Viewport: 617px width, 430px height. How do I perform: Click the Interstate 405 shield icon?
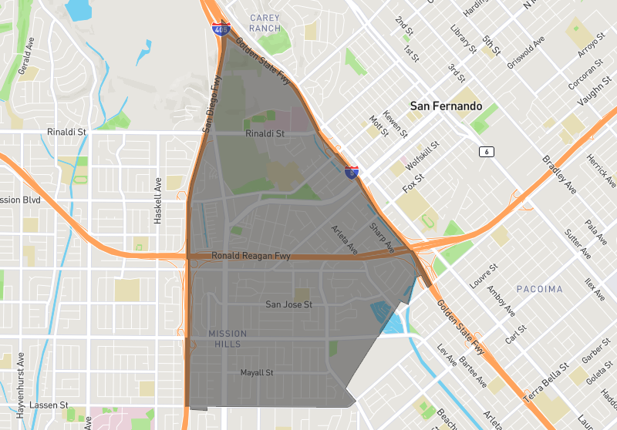221,30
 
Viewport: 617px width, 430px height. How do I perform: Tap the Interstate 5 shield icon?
352,173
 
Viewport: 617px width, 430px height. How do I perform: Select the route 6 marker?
486,151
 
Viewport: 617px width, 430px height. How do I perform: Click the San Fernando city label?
446,106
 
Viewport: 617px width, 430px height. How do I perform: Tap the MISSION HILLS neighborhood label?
228,338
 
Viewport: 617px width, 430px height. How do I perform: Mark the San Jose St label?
288,304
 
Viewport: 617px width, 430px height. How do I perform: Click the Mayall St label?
258,373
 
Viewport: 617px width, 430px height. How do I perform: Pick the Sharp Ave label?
381,237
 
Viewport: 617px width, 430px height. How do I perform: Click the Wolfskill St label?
421,156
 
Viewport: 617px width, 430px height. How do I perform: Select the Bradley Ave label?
559,175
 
